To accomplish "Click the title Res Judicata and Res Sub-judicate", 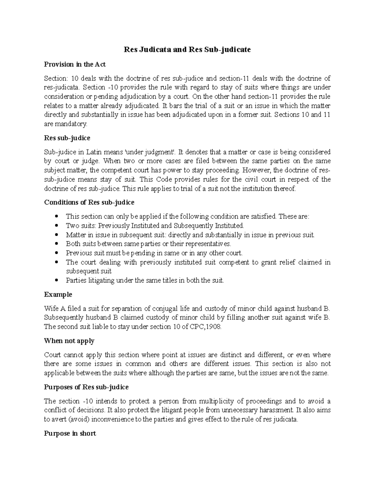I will (187, 50).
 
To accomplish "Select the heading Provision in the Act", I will (75, 64).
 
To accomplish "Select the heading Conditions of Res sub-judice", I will (89, 202).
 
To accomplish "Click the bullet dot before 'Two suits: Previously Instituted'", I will (56, 225).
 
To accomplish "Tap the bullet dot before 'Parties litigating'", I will (56, 280).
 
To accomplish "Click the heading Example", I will (58, 294).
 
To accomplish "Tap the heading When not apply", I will (69, 341).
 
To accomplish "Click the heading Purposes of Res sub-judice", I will (86, 387).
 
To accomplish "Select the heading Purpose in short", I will (70, 433).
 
